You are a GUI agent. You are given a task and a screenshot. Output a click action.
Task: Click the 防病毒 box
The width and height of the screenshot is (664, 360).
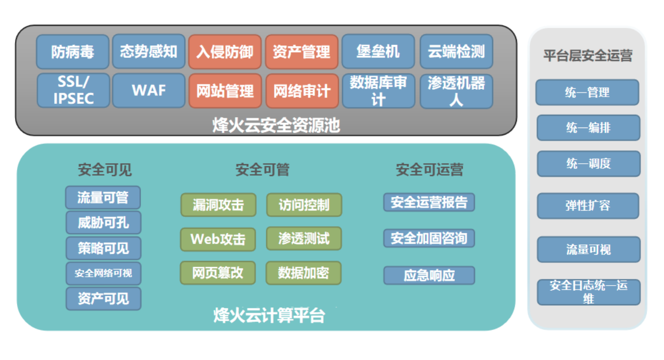pyautogui.click(x=73, y=52)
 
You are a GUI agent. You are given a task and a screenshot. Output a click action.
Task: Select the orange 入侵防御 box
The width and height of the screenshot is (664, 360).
pyautogui.click(x=225, y=52)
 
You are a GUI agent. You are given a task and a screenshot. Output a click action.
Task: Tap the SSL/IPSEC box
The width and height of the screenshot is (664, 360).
pyautogui.click(x=73, y=90)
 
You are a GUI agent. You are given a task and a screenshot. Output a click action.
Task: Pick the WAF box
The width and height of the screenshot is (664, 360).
pyautogui.click(x=149, y=90)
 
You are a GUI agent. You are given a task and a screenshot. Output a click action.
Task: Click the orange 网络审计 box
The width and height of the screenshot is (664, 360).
pyautogui.click(x=302, y=91)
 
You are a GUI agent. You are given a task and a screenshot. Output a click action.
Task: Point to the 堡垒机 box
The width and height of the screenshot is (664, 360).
pyautogui.click(x=378, y=52)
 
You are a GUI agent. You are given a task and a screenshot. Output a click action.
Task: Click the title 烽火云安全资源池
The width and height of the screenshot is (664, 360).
pyautogui.click(x=276, y=125)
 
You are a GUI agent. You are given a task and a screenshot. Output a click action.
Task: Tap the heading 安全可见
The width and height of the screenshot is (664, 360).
pyautogui.click(x=105, y=169)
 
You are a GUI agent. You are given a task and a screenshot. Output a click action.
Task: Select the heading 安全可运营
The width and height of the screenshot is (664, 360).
pyautogui.click(x=430, y=169)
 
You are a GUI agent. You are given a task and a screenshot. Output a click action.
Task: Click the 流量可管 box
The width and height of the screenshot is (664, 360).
pyautogui.click(x=103, y=197)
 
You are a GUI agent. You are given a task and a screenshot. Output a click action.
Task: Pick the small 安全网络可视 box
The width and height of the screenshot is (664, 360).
pyautogui.click(x=103, y=273)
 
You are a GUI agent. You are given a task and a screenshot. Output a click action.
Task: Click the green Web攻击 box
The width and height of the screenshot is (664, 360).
pyautogui.click(x=218, y=239)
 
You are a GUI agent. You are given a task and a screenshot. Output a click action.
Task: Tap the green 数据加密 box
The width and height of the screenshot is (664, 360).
pyautogui.click(x=304, y=273)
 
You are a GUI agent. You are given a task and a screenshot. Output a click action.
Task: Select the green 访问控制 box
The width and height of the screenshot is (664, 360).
pyautogui.click(x=304, y=205)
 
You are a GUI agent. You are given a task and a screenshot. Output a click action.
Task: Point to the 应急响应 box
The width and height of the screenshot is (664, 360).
pyautogui.click(x=429, y=275)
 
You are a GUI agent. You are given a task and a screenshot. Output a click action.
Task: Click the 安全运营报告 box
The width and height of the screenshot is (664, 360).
pyautogui.click(x=429, y=202)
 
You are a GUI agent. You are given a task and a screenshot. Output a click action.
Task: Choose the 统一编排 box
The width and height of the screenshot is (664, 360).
pyautogui.click(x=589, y=128)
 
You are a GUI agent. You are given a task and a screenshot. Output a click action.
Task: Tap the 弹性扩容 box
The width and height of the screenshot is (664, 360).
pyautogui.click(x=588, y=206)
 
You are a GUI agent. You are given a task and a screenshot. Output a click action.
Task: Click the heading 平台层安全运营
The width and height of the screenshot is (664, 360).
pyautogui.click(x=588, y=55)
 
